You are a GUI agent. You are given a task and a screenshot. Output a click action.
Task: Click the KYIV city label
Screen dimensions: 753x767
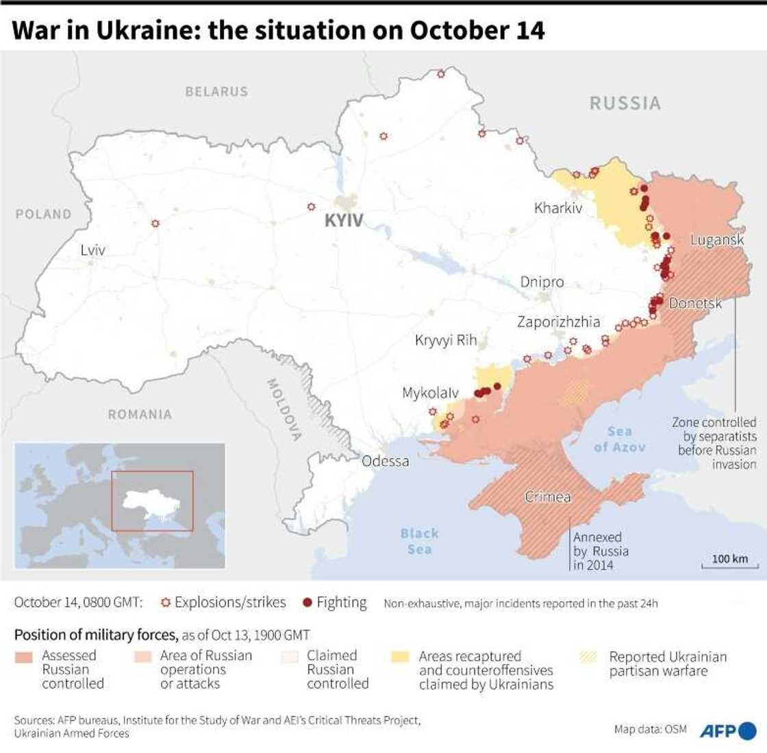click(344, 220)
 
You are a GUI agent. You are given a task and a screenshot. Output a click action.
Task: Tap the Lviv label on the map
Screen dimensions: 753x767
click(92, 250)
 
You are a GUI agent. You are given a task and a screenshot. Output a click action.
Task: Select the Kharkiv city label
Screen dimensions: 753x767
click(558, 207)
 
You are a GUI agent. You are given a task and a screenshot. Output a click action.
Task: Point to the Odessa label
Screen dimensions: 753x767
click(385, 461)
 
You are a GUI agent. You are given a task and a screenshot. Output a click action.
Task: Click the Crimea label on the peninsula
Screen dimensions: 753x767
click(548, 497)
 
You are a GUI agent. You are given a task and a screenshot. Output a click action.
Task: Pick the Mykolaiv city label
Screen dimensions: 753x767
click(430, 394)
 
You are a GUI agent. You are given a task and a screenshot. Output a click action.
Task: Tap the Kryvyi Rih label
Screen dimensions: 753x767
click(446, 340)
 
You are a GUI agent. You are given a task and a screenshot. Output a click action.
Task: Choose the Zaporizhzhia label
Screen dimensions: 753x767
click(558, 321)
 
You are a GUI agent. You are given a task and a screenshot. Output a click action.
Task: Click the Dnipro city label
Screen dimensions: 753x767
click(542, 282)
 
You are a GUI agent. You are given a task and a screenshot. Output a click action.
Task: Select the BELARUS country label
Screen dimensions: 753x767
click(216, 91)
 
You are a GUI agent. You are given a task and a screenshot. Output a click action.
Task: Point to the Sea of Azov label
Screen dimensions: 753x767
click(619, 439)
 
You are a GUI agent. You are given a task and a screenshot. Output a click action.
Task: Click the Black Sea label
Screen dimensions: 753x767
click(419, 541)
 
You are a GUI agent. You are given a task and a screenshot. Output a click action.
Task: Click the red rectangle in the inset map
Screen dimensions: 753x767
click(152, 500)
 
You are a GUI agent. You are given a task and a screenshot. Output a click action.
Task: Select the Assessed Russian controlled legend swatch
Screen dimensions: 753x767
click(24, 657)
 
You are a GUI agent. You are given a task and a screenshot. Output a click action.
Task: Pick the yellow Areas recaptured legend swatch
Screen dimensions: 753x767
click(401, 657)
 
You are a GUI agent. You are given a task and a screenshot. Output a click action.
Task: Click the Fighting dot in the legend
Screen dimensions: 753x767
click(307, 602)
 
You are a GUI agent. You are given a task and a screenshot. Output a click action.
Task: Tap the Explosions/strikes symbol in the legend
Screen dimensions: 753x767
click(164, 602)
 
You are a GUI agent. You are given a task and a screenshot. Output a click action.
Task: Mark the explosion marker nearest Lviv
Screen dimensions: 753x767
click(155, 223)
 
